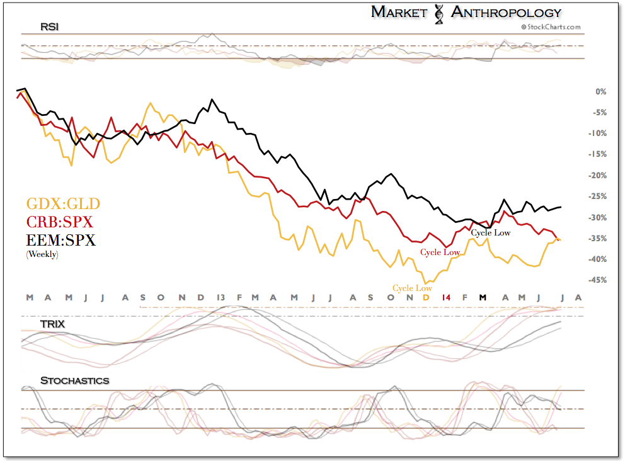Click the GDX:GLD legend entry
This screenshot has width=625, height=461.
[62, 204]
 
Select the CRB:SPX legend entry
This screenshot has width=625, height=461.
[59, 222]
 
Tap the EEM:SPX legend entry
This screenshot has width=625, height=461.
[60, 240]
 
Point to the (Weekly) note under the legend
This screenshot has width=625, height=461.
[42, 254]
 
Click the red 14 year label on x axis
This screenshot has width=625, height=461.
[446, 297]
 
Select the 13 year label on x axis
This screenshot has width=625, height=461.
[221, 297]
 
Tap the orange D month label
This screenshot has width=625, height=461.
[427, 297]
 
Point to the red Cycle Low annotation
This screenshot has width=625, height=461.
[440, 252]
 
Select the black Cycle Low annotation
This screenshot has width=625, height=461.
[491, 233]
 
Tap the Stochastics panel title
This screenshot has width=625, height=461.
[74, 380]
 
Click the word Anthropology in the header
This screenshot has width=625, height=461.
[507, 11]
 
